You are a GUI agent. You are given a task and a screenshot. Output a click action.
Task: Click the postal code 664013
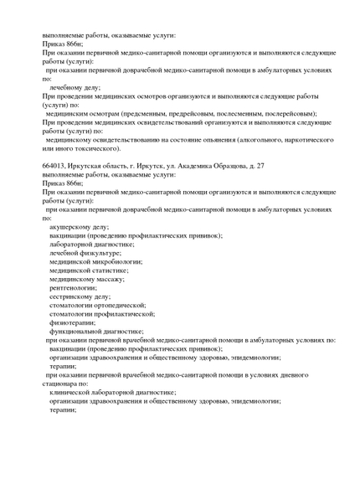pyautogui.click(x=55, y=167)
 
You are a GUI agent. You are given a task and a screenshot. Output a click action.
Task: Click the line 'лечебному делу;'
pyautogui.click(x=75, y=87)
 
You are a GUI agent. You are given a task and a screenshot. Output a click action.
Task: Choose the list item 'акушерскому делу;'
pyautogui.click(x=79, y=227)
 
